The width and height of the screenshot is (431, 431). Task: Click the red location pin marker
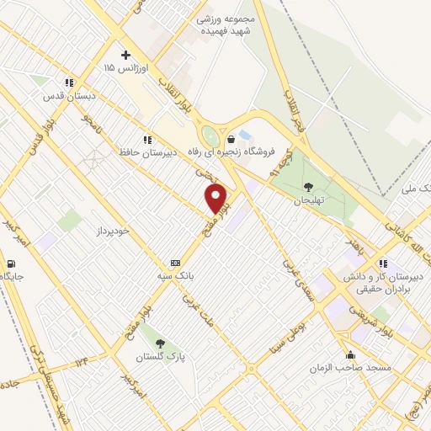click(216, 199)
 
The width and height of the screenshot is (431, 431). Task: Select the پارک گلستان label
click(161, 357)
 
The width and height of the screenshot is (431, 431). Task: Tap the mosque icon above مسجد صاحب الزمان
click(350, 354)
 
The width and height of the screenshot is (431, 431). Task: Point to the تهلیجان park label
click(308, 201)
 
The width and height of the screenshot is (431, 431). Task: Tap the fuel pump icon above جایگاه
click(9, 263)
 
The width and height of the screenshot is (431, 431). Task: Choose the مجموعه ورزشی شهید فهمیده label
click(226, 23)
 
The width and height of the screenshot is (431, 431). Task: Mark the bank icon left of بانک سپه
click(174, 263)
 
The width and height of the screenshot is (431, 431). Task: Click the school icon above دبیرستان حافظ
click(147, 140)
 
